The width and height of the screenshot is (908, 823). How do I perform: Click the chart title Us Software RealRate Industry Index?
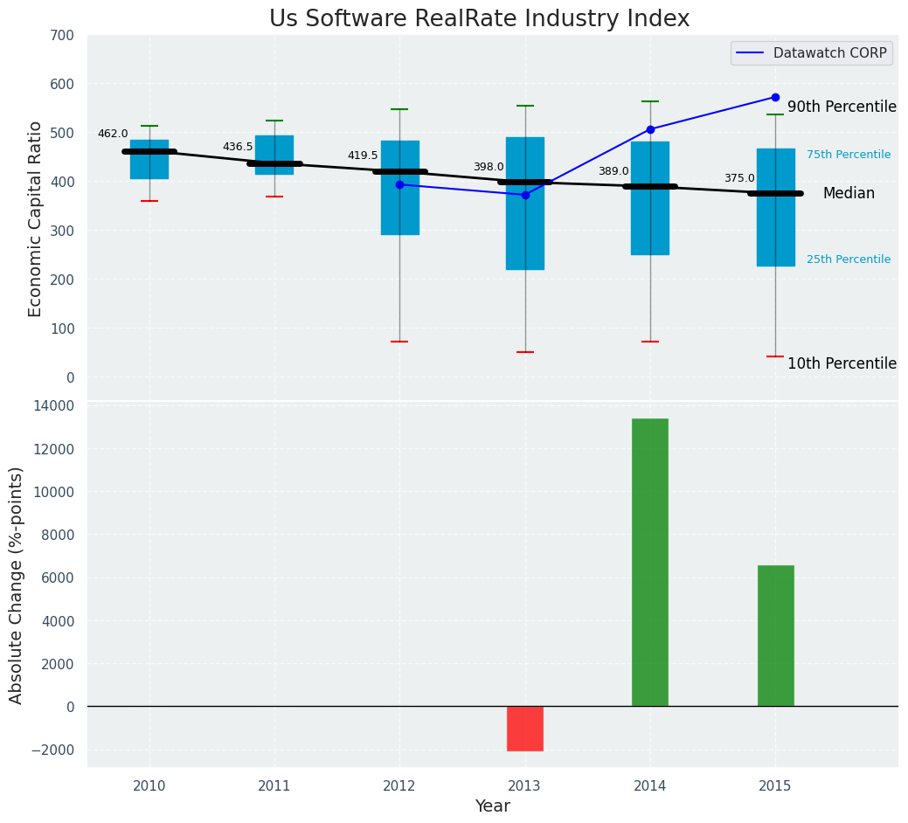tap(479, 19)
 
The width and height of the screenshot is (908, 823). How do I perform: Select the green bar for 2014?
tap(650, 562)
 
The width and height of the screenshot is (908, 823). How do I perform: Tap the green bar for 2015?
tap(775, 635)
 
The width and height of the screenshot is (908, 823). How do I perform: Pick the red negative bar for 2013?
tap(525, 729)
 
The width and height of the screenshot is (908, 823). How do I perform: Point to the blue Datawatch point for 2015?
tap(775, 97)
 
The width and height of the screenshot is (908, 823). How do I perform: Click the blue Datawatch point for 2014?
tap(650, 129)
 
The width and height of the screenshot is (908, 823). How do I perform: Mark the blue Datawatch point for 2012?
tap(399, 184)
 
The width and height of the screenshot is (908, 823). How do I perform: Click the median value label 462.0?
tap(113, 134)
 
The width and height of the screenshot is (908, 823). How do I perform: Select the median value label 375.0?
tap(739, 178)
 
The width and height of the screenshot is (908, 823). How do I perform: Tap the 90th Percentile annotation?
tap(842, 107)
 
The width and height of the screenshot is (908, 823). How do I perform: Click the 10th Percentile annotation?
tap(842, 363)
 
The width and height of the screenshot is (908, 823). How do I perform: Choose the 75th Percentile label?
tap(849, 155)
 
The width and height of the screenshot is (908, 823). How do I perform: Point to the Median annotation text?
tap(849, 194)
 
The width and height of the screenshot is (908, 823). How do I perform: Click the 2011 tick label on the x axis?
tap(274, 786)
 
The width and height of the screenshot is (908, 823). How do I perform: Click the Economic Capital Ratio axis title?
tap(36, 218)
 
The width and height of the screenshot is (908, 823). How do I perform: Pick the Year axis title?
tap(493, 806)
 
